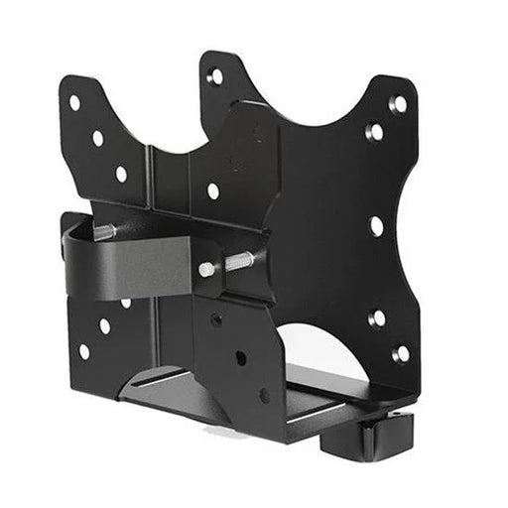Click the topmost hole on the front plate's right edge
(x=398, y=103)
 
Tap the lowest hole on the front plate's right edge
(x=401, y=353)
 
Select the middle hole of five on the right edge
(x=377, y=225)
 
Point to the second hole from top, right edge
(x=375, y=132)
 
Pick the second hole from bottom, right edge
(x=378, y=318)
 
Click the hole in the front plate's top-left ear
(x=215, y=76)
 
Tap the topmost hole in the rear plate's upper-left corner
(x=74, y=102)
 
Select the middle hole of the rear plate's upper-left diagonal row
(x=98, y=139)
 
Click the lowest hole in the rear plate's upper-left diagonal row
(x=121, y=174)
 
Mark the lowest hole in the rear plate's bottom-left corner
(x=84, y=350)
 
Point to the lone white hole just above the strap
(x=213, y=190)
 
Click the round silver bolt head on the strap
(x=205, y=269)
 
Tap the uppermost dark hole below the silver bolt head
(x=216, y=319)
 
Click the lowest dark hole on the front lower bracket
(x=264, y=395)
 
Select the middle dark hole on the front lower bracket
(x=240, y=357)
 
